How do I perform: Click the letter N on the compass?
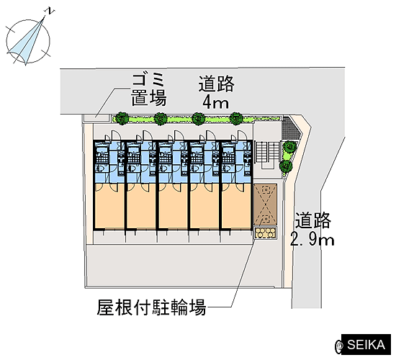click(x=51, y=11)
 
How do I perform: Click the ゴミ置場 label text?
click(x=149, y=90)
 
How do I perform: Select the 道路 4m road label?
click(x=216, y=92)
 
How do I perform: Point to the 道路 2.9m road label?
click(x=312, y=230)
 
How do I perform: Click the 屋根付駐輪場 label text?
click(x=151, y=307)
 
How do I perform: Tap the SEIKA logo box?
click(x=366, y=345)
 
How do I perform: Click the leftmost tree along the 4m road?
click(x=122, y=118)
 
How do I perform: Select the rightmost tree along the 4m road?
click(x=236, y=118)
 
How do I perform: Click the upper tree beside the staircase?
click(x=289, y=147)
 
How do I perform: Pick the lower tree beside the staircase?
click(x=286, y=166)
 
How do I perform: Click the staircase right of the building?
click(x=268, y=152)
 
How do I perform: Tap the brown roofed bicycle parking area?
click(x=265, y=204)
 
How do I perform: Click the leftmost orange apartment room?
click(x=109, y=207)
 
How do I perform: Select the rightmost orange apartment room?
click(x=236, y=207)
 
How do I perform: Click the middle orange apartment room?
click(x=173, y=207)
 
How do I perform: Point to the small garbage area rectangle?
click(x=96, y=118)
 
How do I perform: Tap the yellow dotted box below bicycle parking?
click(x=265, y=233)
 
